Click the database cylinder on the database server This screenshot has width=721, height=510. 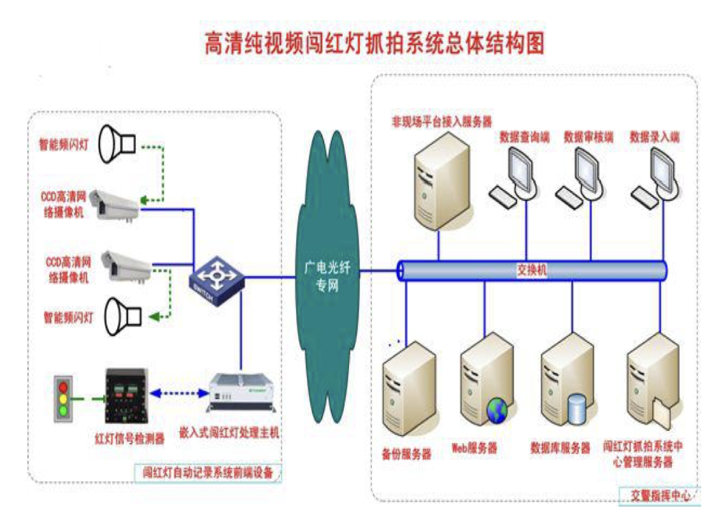pos(576,409)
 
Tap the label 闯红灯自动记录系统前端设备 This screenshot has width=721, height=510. pos(208,473)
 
